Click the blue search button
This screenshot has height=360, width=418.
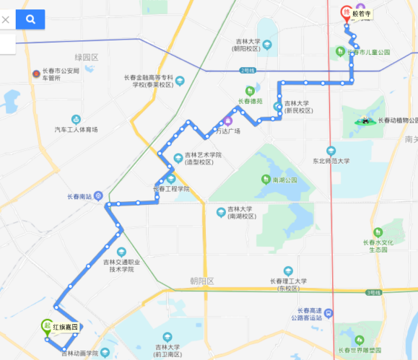[x=30, y=19]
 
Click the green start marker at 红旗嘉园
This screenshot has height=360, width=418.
[x=46, y=326]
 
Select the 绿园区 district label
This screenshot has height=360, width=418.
[x=86, y=57]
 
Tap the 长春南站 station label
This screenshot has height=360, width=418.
[x=80, y=196]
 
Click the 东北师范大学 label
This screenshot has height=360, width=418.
[x=331, y=162]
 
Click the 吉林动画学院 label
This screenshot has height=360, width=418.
[x=79, y=353]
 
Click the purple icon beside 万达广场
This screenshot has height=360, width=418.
[x=227, y=120]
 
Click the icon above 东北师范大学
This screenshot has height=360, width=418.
[x=331, y=151]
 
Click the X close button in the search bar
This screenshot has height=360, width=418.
[x=6, y=19]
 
